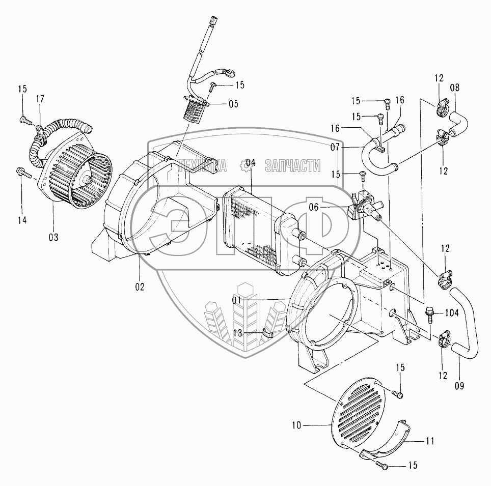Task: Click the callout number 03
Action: (53, 237)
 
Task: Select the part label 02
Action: (140, 287)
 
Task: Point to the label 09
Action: (459, 386)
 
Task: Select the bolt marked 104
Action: (429, 312)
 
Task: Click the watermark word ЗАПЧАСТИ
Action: (296, 166)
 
